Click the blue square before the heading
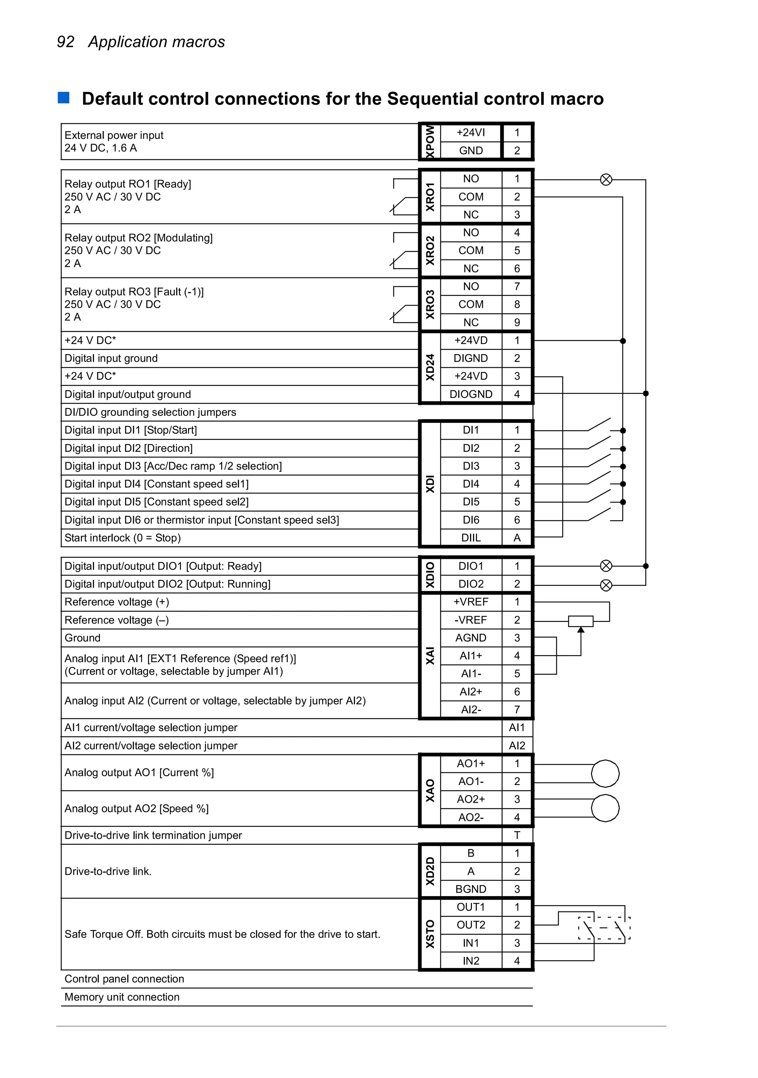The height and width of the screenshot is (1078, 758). (x=63, y=98)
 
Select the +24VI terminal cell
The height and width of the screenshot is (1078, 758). (x=470, y=133)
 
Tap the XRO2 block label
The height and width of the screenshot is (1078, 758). (x=429, y=250)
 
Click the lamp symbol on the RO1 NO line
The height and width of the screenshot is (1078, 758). (x=606, y=179)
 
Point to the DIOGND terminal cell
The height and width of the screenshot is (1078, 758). (x=470, y=394)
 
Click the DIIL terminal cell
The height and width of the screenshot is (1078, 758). (x=470, y=538)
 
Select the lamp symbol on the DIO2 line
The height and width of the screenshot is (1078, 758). (x=606, y=585)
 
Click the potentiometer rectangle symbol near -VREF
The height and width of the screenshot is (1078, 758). (x=581, y=621)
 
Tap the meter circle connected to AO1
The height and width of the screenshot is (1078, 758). (x=605, y=773)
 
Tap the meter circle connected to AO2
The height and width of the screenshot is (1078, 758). (x=605, y=808)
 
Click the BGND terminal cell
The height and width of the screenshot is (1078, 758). (x=470, y=889)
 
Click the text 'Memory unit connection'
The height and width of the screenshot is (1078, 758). (x=122, y=997)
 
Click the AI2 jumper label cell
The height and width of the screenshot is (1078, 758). (x=517, y=745)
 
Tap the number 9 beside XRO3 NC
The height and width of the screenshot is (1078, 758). (x=517, y=323)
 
